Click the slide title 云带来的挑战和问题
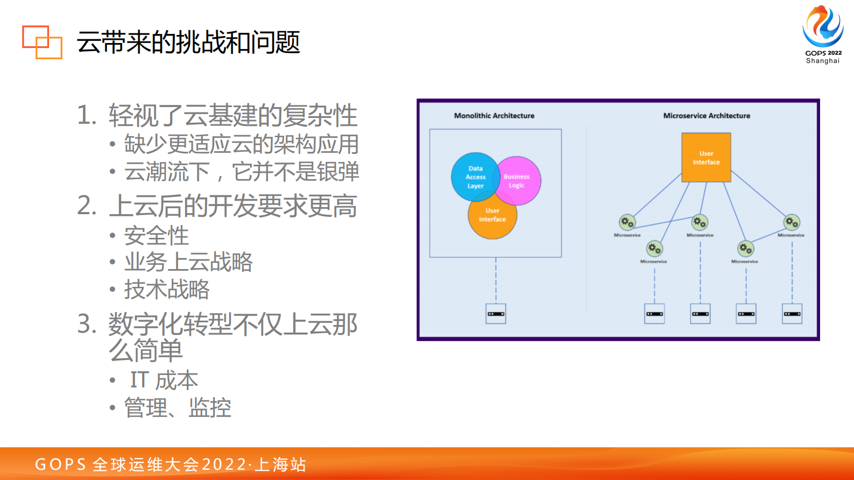188,42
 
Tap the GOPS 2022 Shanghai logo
822,34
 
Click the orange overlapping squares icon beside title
42,42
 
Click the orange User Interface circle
492,218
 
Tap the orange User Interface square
706,158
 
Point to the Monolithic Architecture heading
494,116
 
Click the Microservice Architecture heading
706,116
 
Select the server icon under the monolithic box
496,314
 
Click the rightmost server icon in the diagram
792,314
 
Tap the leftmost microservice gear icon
627,222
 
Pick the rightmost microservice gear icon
791,222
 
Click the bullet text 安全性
157,236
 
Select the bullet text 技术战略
167,290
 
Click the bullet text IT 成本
164,380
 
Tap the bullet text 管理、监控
178,408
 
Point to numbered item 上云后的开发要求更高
232,206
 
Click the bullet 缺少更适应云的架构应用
241,144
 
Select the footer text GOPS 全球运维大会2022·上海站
171,464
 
